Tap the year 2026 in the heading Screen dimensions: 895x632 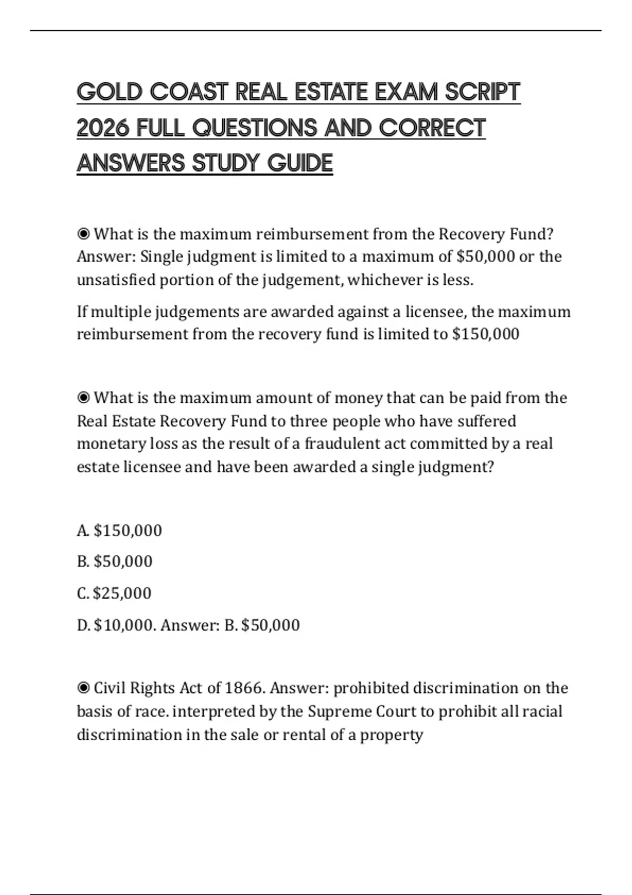click(103, 128)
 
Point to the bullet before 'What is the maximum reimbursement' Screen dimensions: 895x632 click(83, 233)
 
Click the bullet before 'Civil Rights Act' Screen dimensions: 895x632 click(83, 688)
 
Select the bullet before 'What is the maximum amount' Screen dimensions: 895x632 click(83, 397)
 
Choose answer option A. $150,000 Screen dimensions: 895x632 click(120, 530)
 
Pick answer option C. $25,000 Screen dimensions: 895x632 click(114, 593)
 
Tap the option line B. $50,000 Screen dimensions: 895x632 click(115, 561)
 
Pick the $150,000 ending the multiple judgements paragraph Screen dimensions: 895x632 click(486, 334)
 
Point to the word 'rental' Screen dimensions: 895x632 click(303, 734)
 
